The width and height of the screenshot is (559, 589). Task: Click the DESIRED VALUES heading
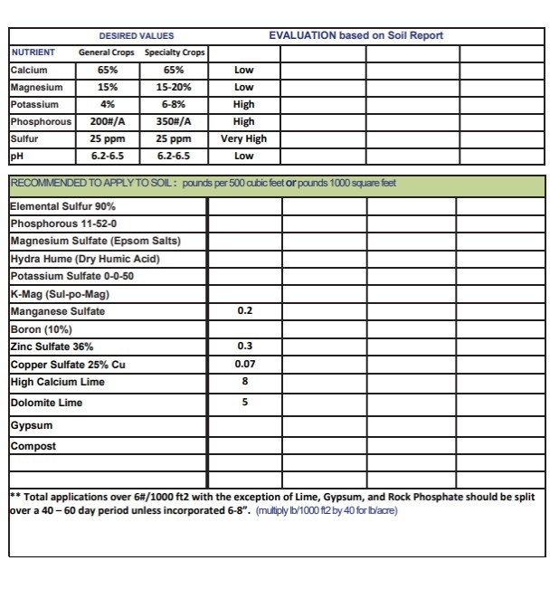pos(137,35)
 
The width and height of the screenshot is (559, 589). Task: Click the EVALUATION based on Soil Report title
pos(355,35)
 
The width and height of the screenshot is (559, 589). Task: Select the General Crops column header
pos(106,52)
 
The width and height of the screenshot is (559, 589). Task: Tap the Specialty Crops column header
pos(175,52)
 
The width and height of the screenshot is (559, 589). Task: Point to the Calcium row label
pos(29,70)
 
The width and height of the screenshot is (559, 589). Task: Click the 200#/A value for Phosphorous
pos(107,121)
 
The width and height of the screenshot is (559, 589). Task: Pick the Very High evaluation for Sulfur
pos(243,138)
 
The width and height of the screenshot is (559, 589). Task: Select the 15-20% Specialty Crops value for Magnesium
pos(175,87)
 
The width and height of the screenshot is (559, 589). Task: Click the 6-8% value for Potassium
pos(175,104)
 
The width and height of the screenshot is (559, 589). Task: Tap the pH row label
pos(15,156)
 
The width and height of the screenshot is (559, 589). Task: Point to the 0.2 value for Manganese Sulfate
pos(244,311)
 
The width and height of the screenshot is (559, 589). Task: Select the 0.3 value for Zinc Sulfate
pos(244,347)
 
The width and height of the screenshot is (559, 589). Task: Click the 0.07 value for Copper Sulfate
pos(244,364)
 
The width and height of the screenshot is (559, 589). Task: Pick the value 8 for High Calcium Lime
pos(244,382)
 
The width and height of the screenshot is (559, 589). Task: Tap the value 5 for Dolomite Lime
pos(244,403)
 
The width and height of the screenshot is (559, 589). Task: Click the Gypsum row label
pos(32,425)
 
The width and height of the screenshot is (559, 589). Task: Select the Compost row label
pos(33,446)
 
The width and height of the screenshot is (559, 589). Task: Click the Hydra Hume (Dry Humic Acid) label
pos(85,259)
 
